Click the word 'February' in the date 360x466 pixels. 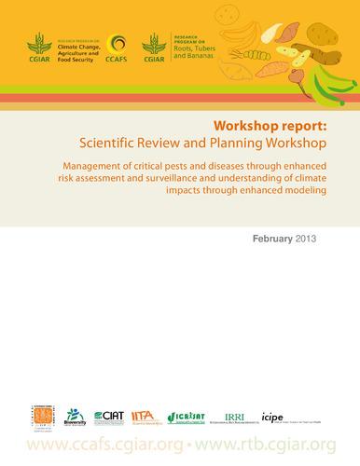pos(271,239)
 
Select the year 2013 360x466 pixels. pos(306,239)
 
